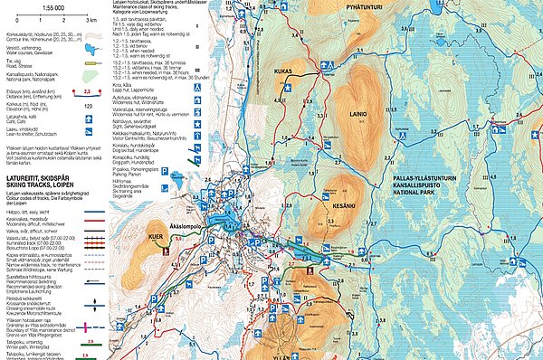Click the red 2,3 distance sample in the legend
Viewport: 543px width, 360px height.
pos(89,91)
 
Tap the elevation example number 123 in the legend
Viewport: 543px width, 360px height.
pos(89,107)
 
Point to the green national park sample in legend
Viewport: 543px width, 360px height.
pos(89,76)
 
